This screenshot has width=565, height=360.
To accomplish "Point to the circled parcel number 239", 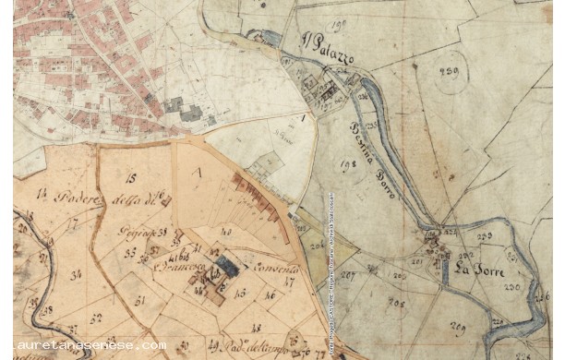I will pyautogui.click(x=451, y=74).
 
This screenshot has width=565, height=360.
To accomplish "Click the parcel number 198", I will pyautogui.click(x=322, y=166).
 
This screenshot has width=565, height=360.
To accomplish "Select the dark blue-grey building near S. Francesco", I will pyautogui.click(x=225, y=268).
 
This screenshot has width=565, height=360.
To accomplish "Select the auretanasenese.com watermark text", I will pyautogui.click(x=83, y=346).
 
